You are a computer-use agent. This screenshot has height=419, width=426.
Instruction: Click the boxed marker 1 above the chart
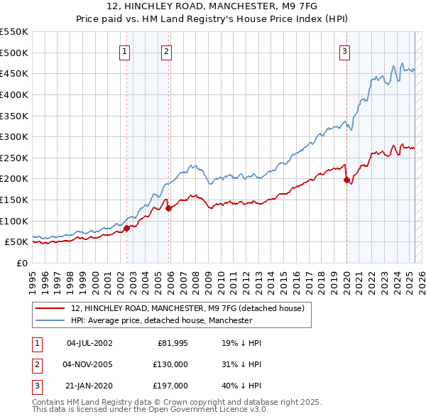point(125,50)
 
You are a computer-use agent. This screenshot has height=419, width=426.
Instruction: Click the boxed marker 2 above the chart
point(166,50)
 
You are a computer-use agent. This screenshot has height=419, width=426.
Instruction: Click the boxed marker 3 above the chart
point(344,50)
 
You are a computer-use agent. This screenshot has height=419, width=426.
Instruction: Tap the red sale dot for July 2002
point(126,228)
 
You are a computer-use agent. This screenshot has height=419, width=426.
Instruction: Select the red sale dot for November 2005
point(169,208)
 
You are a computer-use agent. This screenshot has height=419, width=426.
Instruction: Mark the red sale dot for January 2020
point(346,180)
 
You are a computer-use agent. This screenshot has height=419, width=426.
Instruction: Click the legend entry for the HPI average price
point(161,320)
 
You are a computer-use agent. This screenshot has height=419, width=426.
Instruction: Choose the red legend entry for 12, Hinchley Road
point(187,308)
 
